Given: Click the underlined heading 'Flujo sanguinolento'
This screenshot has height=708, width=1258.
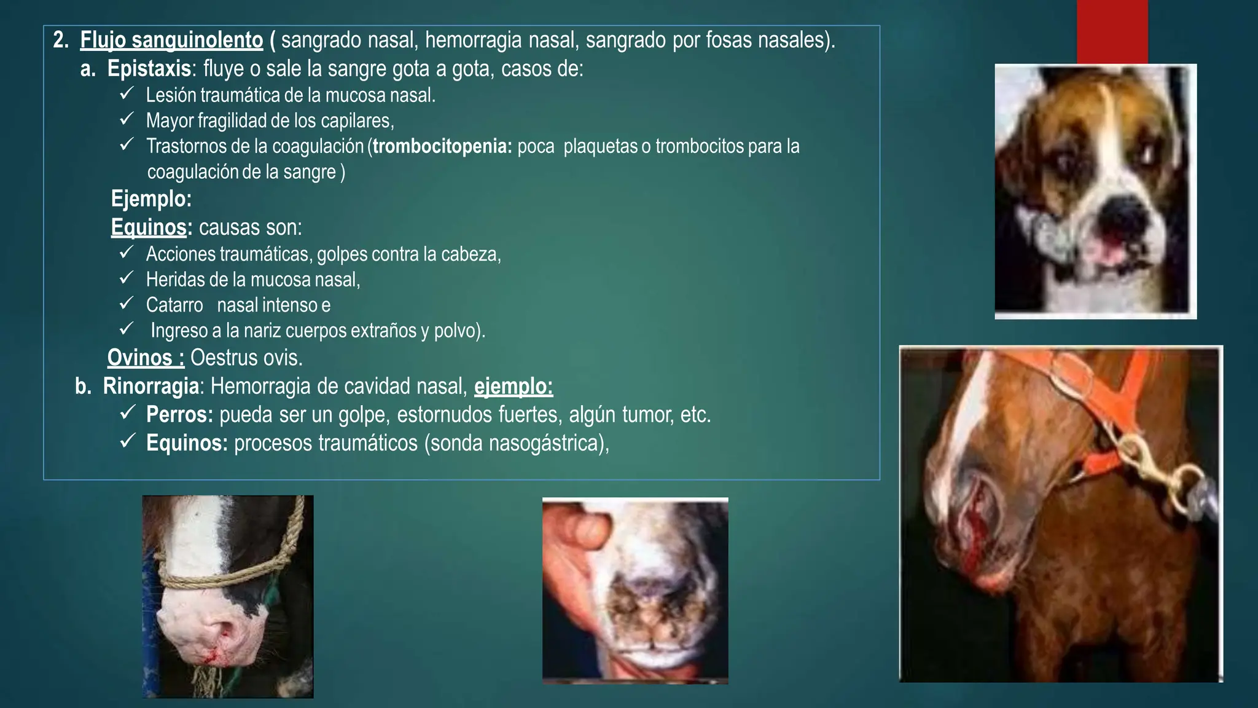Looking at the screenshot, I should (171, 41).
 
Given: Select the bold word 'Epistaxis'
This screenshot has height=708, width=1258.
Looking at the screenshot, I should (149, 69).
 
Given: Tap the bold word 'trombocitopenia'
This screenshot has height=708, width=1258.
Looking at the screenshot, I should (442, 147).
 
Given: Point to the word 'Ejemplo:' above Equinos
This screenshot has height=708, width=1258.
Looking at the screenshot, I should (151, 199).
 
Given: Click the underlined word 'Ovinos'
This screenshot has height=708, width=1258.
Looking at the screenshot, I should (146, 358).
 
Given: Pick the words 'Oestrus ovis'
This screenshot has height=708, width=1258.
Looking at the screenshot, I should (246, 358).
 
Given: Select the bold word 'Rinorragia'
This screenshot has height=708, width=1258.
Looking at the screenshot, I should (151, 387).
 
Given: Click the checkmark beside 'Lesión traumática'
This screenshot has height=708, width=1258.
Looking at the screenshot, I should (127, 94).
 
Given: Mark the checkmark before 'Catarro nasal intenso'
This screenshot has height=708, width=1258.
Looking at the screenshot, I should (127, 304).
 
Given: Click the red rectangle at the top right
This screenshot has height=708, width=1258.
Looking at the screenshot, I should (1112, 31).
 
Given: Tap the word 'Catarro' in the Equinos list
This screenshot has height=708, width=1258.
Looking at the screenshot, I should (174, 305).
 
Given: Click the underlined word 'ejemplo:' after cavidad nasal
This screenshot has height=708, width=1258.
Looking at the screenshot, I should (514, 387).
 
